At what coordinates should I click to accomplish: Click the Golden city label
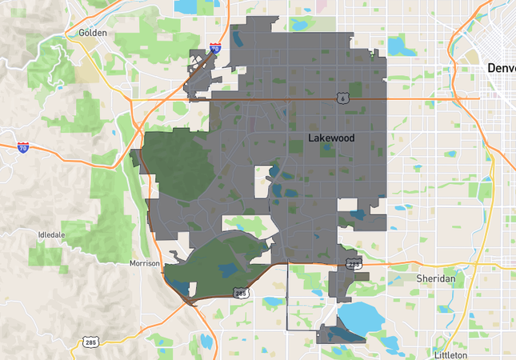[x=93, y=33]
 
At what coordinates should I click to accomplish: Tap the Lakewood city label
[x=331, y=138]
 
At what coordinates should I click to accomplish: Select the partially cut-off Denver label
[x=502, y=69]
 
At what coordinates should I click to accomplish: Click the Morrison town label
[x=145, y=263]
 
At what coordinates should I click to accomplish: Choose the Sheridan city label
[x=435, y=278]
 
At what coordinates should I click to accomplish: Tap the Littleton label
[x=450, y=354]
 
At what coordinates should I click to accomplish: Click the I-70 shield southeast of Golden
[x=215, y=48]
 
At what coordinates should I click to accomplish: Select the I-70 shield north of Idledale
[x=23, y=147]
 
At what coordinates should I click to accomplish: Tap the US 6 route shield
[x=342, y=98]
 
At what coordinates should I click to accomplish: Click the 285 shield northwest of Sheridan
[x=353, y=262]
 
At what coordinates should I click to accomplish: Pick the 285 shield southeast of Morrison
[x=241, y=294]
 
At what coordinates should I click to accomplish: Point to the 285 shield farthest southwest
[x=90, y=342]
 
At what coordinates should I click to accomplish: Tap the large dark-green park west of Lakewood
[x=180, y=164]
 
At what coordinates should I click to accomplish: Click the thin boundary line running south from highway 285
[x=287, y=296]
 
